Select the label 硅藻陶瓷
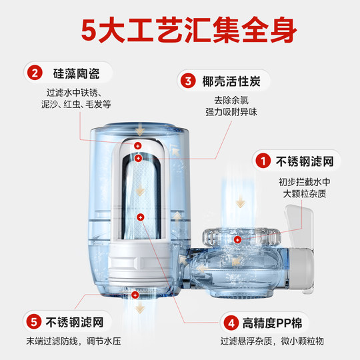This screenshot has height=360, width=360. pos(67,72)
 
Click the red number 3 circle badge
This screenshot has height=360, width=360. pos(188,81)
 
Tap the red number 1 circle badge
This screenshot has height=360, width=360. pos(264,161)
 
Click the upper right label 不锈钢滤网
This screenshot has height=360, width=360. pos(303,161)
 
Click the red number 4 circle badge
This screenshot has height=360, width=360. pos(230,324)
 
